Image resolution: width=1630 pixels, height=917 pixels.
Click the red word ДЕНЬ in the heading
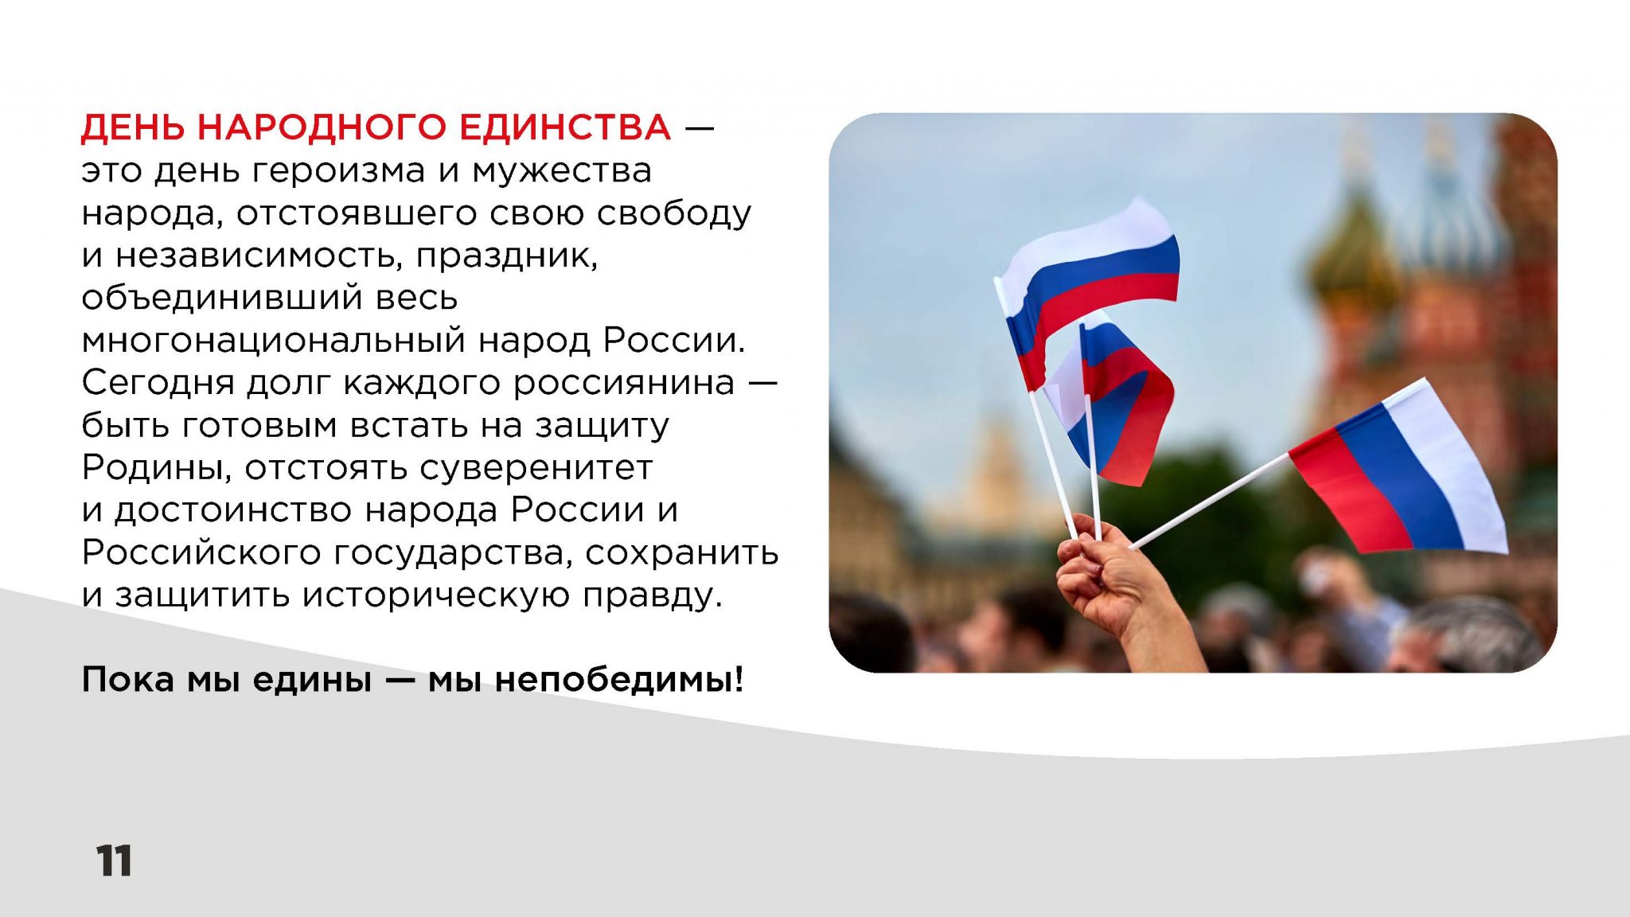[132, 128]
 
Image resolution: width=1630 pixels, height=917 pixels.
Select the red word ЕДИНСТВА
[566, 127]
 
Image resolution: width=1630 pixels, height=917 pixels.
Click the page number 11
[115, 860]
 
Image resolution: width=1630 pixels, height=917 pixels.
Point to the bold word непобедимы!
[619, 679]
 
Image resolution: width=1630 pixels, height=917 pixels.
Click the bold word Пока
[127, 679]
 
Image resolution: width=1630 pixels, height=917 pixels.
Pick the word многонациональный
[273, 341]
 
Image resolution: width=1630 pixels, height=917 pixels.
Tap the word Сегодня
[158, 383]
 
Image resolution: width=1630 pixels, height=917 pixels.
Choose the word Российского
[201, 552]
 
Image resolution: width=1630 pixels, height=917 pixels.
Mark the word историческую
[435, 595]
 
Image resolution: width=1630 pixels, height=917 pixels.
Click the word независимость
[258, 256]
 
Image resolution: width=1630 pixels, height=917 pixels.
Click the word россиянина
[623, 384]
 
